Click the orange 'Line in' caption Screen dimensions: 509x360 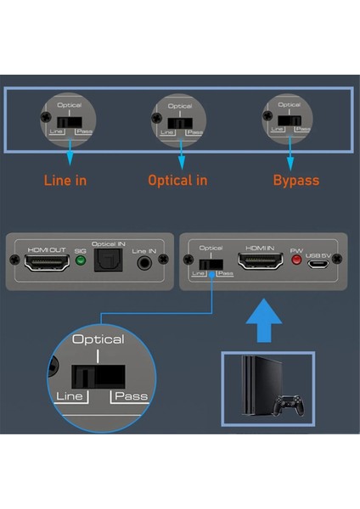click(x=65, y=181)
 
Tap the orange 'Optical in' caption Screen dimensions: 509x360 click(x=177, y=181)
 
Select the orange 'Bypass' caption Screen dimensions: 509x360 click(x=296, y=181)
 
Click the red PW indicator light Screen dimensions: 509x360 click(x=296, y=261)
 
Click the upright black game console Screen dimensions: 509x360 click(x=255, y=387)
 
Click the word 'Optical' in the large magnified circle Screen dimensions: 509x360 click(x=98, y=339)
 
